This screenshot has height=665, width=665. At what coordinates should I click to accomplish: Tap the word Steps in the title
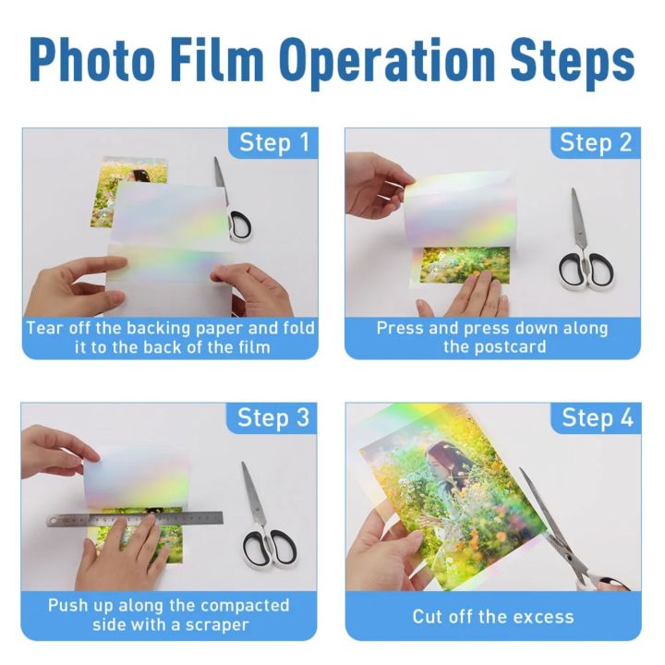[x=574, y=59]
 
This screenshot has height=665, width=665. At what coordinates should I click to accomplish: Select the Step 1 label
[x=274, y=143]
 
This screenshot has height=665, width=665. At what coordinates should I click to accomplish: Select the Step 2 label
[x=596, y=143]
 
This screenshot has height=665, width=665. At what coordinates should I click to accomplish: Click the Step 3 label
[x=273, y=417]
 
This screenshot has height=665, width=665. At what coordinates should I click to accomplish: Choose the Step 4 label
[x=596, y=417]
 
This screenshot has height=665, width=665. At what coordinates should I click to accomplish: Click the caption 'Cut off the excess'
[x=492, y=616]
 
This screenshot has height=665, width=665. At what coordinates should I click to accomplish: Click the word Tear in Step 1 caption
[x=43, y=328]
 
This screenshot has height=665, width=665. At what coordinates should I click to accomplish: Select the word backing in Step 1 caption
[x=158, y=328]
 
